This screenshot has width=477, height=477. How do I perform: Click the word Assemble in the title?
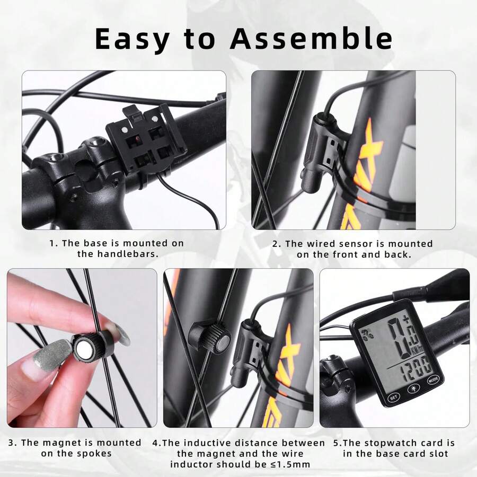point(313,38)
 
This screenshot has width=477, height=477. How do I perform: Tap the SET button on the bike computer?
point(393,396)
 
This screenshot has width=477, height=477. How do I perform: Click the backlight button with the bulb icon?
point(413,389)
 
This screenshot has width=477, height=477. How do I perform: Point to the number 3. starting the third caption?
point(12,443)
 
